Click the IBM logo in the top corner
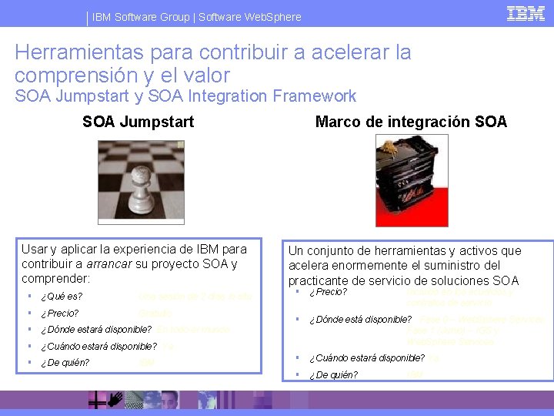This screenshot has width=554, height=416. pos(526,13)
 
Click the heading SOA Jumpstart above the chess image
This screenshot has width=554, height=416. pos(138,122)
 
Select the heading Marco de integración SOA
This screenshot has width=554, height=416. pos(412,122)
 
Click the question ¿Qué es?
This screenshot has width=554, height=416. pos(62,297)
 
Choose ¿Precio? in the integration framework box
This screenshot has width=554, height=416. pos(328,293)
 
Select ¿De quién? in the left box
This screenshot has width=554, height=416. pos(65,363)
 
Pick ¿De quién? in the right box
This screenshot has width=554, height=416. pos(333,375)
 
